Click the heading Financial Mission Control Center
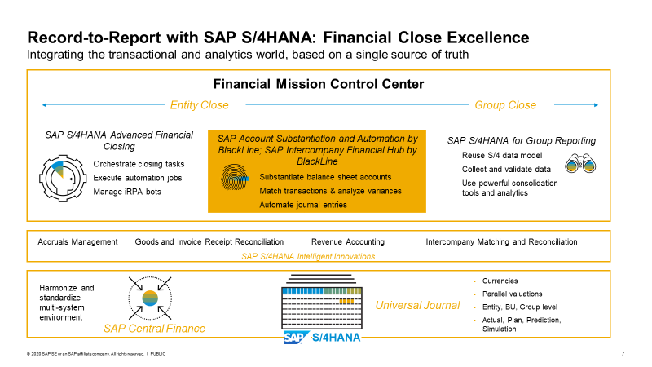(x=319, y=84)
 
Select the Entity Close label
(x=199, y=105)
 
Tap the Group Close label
(x=505, y=105)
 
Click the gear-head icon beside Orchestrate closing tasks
(x=63, y=179)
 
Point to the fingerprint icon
(x=235, y=177)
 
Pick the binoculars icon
(x=580, y=164)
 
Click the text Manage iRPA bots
(x=127, y=192)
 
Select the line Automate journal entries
(x=302, y=205)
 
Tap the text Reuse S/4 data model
(x=502, y=155)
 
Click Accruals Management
(x=77, y=241)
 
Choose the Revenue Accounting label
(x=348, y=241)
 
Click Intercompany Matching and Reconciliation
(x=501, y=241)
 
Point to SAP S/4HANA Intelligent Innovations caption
(x=308, y=256)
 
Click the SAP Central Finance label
(x=154, y=329)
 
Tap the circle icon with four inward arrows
(x=150, y=298)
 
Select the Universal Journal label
(x=417, y=305)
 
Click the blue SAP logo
(x=297, y=337)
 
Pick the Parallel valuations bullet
(x=512, y=294)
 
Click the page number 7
(x=623, y=354)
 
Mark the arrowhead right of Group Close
(x=596, y=105)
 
